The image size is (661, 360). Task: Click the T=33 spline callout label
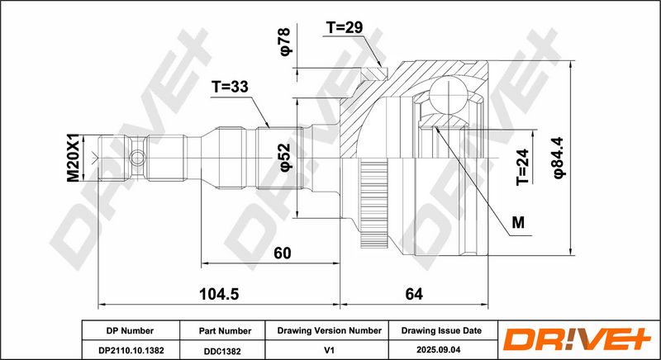(231, 88)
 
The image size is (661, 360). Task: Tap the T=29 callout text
(345, 28)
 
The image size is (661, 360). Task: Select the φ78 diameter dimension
(285, 41)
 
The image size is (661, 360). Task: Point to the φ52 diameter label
(285, 158)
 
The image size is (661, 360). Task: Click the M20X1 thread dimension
(74, 158)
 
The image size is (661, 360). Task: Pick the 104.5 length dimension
(219, 294)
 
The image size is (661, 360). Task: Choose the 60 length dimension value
(282, 253)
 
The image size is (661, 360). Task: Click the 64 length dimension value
(414, 294)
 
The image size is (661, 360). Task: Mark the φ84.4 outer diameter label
(560, 158)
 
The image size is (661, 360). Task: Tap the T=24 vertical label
(522, 167)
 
